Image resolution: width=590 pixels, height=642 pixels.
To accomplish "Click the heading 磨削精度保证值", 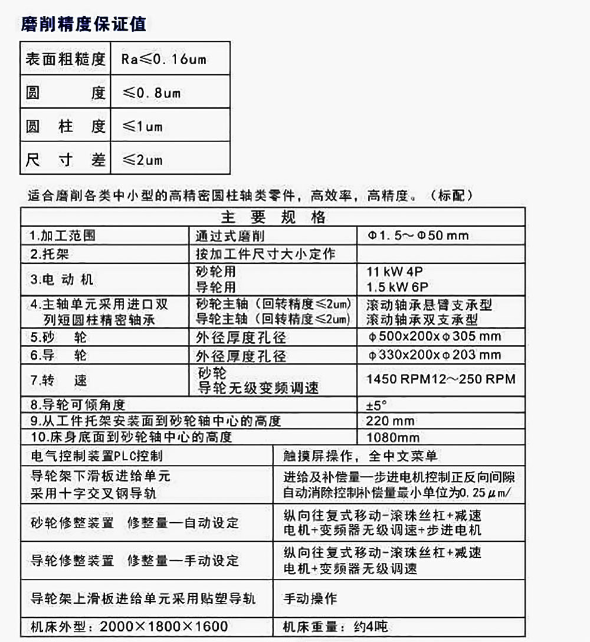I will click(x=83, y=24).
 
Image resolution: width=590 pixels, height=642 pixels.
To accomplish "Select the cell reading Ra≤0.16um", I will click(x=164, y=59).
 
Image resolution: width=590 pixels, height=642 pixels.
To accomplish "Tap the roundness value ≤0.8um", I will click(x=151, y=93).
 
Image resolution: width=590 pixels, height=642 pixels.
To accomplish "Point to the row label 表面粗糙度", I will click(x=65, y=59).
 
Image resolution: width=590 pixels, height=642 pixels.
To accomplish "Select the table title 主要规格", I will click(x=273, y=217).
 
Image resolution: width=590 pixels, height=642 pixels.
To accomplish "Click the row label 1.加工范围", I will click(x=63, y=235).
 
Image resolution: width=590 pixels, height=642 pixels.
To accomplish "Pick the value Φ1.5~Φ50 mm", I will click(x=418, y=235).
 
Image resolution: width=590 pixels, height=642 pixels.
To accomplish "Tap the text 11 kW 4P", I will click(x=395, y=272).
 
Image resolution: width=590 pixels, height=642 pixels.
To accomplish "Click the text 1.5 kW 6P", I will click(x=395, y=287).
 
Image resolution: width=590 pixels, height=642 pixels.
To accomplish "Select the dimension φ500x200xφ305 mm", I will click(x=434, y=337).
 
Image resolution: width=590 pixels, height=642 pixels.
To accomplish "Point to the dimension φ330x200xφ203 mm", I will click(x=434, y=355).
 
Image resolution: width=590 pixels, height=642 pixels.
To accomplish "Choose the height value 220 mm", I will click(x=390, y=421).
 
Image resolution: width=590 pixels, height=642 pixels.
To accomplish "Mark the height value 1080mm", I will click(x=393, y=438).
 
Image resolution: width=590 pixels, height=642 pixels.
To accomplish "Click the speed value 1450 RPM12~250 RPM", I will click(x=441, y=379).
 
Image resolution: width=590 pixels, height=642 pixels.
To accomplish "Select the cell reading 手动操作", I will click(x=310, y=598).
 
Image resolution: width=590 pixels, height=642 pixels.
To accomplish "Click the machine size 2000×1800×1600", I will click(x=164, y=627).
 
